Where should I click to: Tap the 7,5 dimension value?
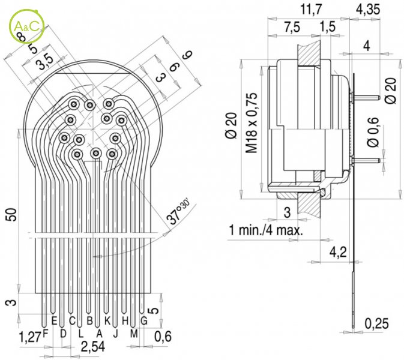292,28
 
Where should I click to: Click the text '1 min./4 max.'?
266,230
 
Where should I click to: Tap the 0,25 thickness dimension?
377,324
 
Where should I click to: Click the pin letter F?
46,334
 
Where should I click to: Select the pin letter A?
99,332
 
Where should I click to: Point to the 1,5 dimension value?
328,28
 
